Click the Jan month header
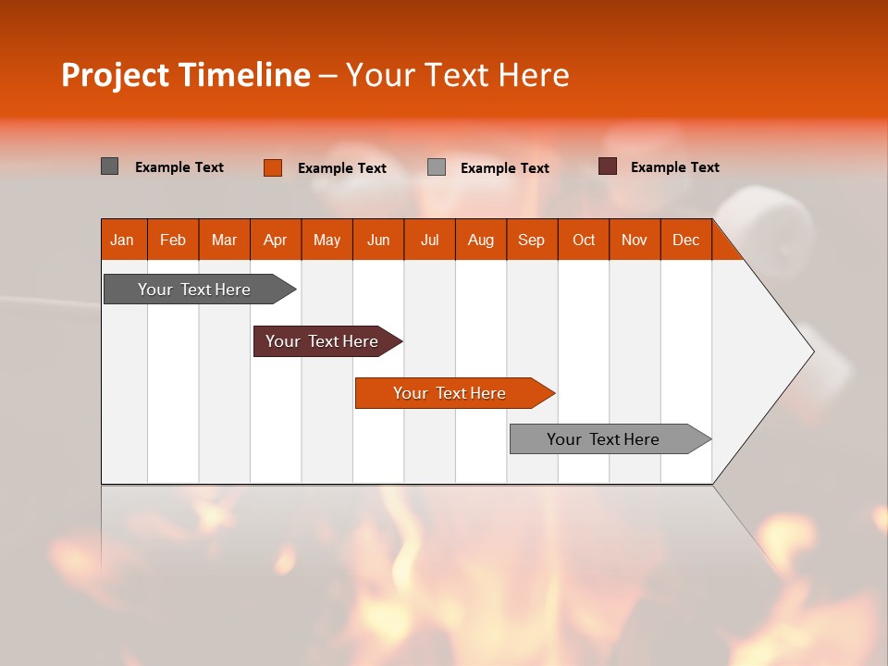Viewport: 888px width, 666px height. point(123,240)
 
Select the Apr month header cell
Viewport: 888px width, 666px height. point(276,240)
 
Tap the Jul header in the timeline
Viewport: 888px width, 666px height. point(430,240)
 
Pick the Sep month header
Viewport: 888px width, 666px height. point(532,240)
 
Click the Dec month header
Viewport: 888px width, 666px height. point(685,240)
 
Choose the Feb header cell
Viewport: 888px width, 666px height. point(173,240)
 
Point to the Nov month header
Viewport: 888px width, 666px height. point(635,240)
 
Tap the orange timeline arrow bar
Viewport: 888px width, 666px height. point(450,393)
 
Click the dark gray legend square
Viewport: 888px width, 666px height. point(110,166)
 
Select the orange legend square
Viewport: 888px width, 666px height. point(273,167)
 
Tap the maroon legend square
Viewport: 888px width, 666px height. point(608,166)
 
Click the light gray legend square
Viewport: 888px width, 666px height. point(437,167)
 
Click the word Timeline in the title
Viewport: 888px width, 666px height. point(244,75)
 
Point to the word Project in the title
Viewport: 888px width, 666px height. point(115,75)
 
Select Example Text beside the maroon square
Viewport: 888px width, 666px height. point(674,167)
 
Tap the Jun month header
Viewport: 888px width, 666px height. point(378,240)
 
